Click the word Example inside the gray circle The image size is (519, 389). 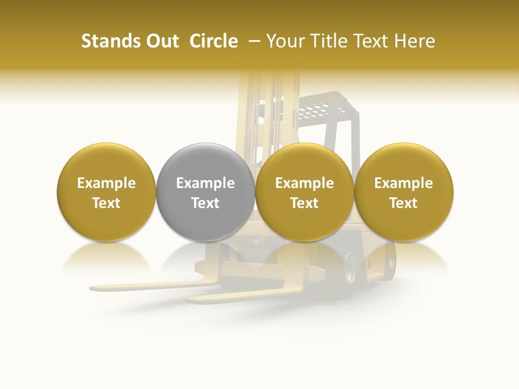[205, 183]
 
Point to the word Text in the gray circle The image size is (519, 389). [205, 203]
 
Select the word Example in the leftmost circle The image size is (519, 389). [107, 183]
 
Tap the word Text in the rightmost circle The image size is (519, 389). [404, 203]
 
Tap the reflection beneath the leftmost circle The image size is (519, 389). [107, 257]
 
